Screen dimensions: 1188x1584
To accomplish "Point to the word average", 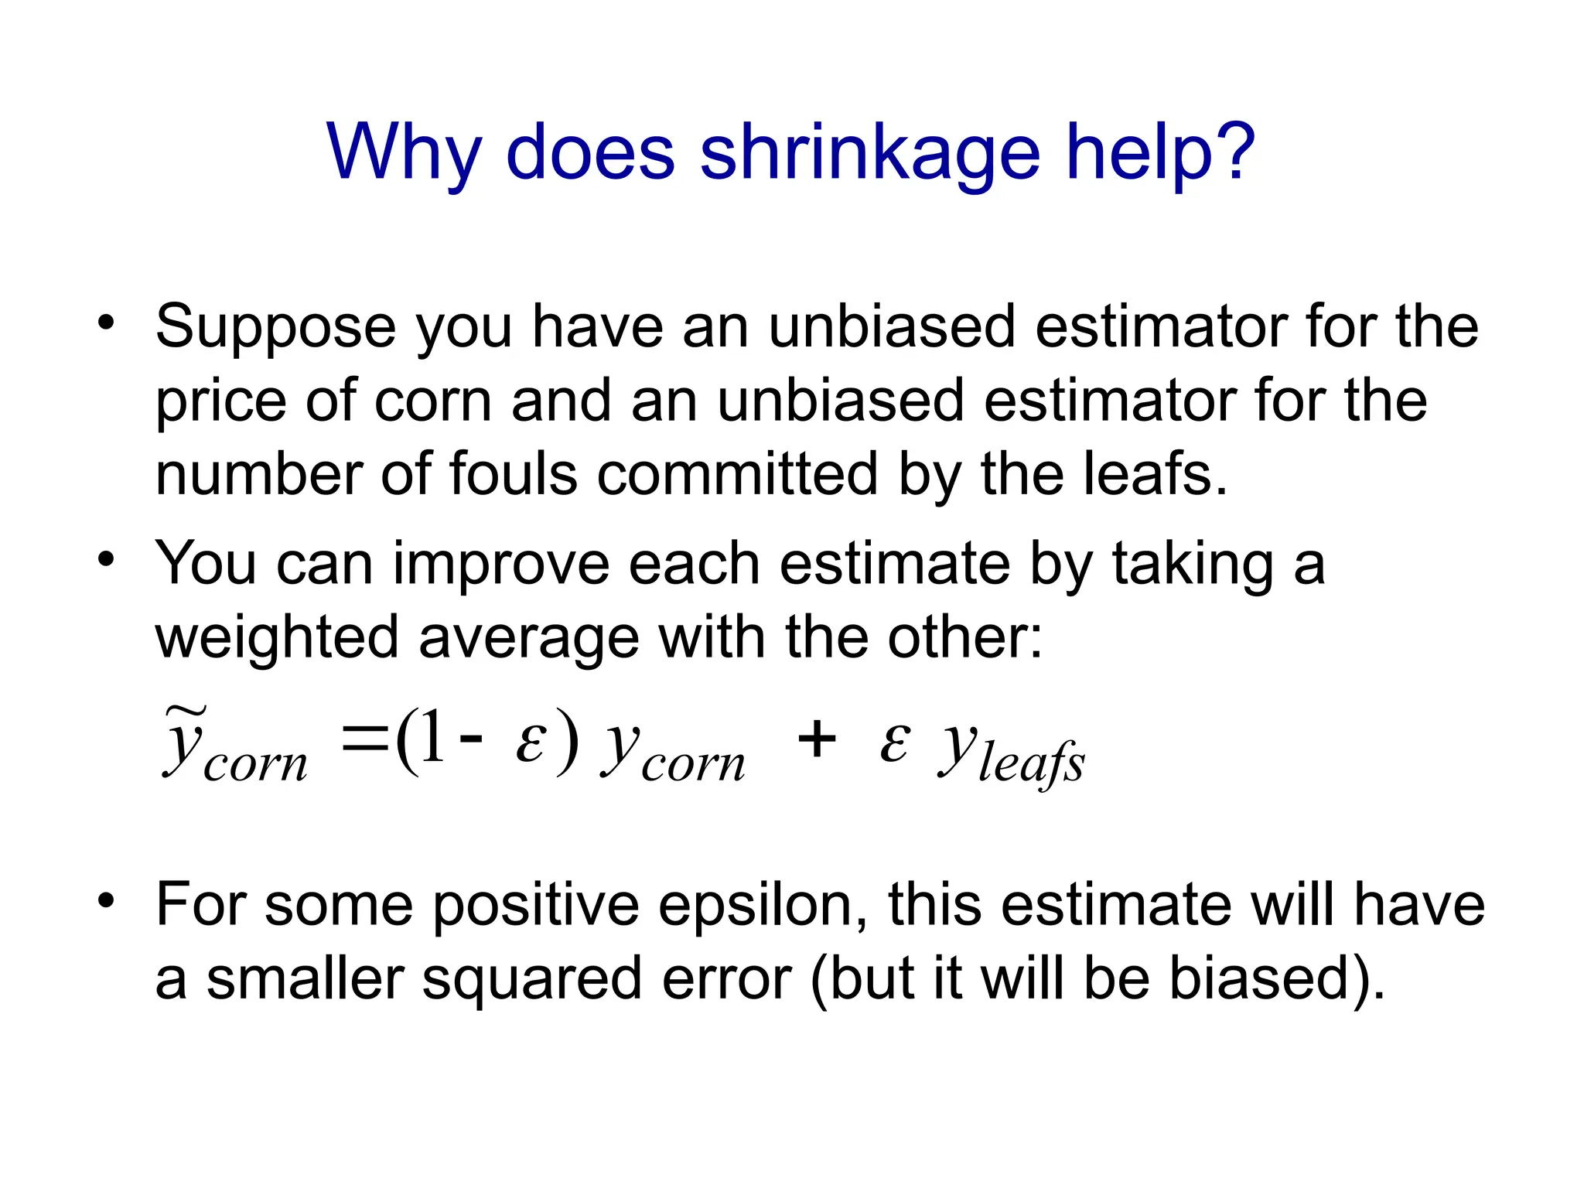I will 528,639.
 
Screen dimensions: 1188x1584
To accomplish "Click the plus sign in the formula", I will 817,739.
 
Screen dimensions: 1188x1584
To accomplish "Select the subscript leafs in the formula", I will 1032,762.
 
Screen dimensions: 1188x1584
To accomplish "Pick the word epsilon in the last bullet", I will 763,906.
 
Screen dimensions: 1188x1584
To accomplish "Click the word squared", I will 533,979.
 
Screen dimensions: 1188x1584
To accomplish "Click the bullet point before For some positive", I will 106,900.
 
